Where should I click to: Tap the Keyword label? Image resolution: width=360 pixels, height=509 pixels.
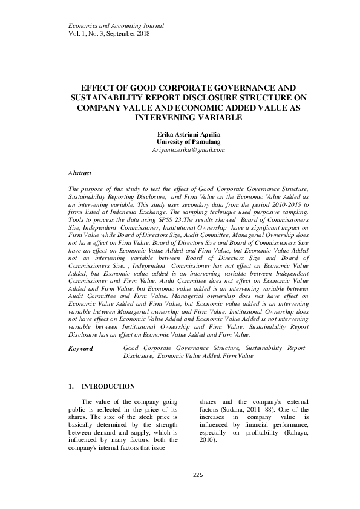click(x=81, y=348)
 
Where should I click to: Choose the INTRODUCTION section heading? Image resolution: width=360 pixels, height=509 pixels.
click(x=108, y=386)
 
